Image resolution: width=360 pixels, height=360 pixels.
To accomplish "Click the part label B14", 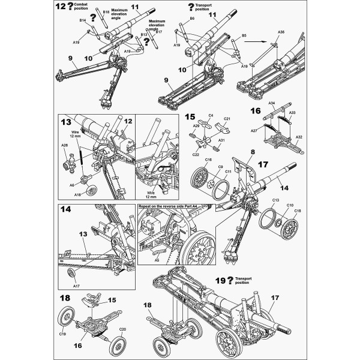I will tap(83, 20).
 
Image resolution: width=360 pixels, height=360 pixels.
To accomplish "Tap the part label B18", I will tap(106, 12).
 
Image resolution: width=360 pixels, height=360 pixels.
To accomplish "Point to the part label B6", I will tap(193, 19).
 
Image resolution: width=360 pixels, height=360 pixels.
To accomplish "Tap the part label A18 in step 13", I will tap(78, 196).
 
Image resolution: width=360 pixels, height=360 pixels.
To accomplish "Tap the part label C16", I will tap(208, 160).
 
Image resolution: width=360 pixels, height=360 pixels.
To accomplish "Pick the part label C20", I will tap(122, 329).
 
